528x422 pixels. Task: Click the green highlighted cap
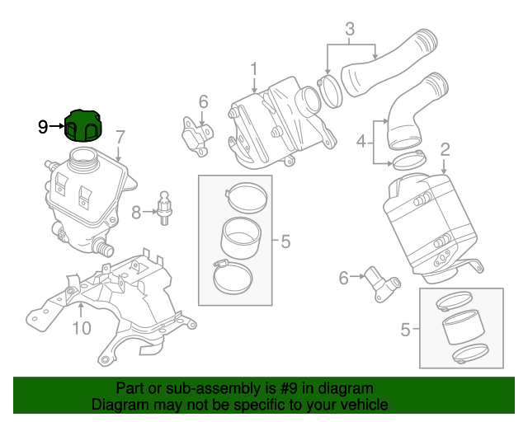pyautogui.click(x=84, y=125)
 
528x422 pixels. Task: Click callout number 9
pyautogui.click(x=44, y=126)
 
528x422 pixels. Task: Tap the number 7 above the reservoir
pyautogui.click(x=120, y=137)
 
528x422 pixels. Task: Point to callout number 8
pyautogui.click(x=137, y=212)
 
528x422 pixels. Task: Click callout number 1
pyautogui.click(x=254, y=68)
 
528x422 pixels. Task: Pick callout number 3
pyautogui.click(x=350, y=30)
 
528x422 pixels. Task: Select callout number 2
pyautogui.click(x=445, y=149)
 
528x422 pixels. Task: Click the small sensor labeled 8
pyautogui.click(x=166, y=208)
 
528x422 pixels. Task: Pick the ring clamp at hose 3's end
pyautogui.click(x=329, y=90)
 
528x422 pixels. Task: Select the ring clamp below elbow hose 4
pyautogui.click(x=406, y=160)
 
